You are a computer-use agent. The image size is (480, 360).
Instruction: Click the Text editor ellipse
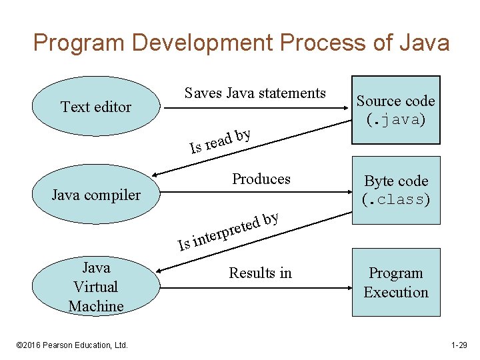pyautogui.click(x=96, y=107)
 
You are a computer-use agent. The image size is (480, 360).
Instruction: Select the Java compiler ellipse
pyautogui.click(x=96, y=195)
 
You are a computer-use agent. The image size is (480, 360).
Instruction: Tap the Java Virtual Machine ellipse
pyautogui.click(x=96, y=287)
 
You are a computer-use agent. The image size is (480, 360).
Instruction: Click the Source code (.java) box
pyautogui.click(x=395, y=110)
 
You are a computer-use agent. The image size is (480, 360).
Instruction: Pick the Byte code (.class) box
pyautogui.click(x=396, y=190)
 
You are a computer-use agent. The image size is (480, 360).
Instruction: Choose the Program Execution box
pyautogui.click(x=396, y=283)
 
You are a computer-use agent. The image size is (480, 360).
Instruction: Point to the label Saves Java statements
pyautogui.click(x=255, y=93)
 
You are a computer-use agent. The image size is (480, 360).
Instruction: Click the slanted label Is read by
pyautogui.click(x=220, y=140)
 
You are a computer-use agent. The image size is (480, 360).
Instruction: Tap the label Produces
pyautogui.click(x=261, y=179)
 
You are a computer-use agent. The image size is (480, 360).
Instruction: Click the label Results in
pyautogui.click(x=260, y=273)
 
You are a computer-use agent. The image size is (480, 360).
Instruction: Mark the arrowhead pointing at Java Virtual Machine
pyautogui.click(x=160, y=271)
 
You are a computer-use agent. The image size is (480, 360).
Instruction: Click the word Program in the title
pyautogui.click(x=80, y=43)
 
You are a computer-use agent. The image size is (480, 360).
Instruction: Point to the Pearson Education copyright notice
pyautogui.click(x=72, y=345)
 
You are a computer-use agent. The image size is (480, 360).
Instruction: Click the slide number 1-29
pyautogui.click(x=459, y=345)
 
